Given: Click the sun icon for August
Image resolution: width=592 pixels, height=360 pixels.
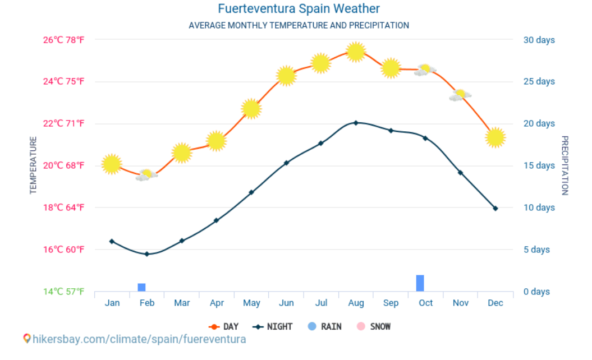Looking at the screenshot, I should click(356, 52).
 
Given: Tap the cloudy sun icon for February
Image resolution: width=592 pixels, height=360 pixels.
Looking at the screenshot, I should click(146, 175).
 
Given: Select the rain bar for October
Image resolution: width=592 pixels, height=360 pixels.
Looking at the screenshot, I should click(420, 283).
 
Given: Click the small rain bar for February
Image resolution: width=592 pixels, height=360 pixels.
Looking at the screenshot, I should click(141, 287).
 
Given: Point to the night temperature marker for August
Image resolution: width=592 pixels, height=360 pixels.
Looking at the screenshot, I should click(356, 123).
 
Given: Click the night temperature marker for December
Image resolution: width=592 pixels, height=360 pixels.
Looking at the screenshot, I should click(495, 208).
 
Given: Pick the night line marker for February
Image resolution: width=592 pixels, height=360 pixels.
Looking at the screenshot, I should click(146, 254).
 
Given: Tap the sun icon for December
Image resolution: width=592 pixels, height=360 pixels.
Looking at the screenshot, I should click(495, 137).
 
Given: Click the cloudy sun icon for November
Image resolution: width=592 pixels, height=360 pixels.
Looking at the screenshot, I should click(460, 95).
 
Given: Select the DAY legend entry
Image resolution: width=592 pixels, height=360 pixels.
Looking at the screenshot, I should click(223, 326).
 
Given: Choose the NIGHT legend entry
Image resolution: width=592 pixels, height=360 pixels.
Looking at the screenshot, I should click(273, 326).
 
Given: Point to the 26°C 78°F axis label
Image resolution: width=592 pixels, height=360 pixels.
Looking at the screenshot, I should click(63, 40).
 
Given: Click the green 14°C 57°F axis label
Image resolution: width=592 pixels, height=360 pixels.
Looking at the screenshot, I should click(63, 292).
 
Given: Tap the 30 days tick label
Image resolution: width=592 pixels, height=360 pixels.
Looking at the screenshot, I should click(539, 40).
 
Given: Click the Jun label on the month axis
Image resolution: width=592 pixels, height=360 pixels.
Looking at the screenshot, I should click(286, 303).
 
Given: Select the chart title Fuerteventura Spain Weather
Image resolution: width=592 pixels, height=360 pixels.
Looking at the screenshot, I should click(299, 9).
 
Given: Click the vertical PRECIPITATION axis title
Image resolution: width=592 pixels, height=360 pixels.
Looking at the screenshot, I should click(565, 165).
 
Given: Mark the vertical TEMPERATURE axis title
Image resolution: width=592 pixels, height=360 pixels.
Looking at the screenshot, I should click(33, 165).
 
